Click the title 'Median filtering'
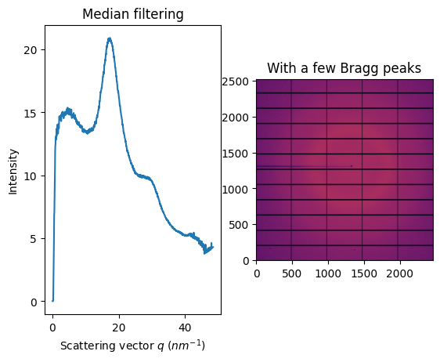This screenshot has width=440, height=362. point(133,14)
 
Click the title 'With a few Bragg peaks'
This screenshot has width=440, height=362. point(344,68)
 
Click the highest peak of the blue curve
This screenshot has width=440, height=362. point(110,38)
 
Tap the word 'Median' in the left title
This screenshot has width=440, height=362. point(109,14)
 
